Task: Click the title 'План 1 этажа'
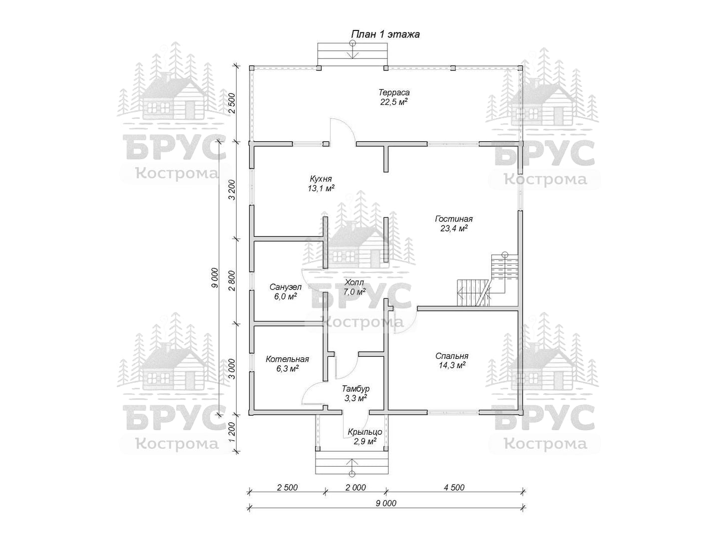click(385, 34)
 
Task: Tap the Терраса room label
click(394, 93)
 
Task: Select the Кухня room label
click(321, 179)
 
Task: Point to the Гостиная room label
click(454, 219)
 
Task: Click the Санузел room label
click(285, 287)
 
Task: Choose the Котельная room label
click(287, 359)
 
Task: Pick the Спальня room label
click(452, 356)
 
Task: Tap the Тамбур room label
click(356, 389)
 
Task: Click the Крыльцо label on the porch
click(365, 431)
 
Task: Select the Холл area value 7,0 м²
click(355, 291)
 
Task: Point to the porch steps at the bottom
click(352, 463)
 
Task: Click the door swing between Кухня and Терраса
click(342, 131)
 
